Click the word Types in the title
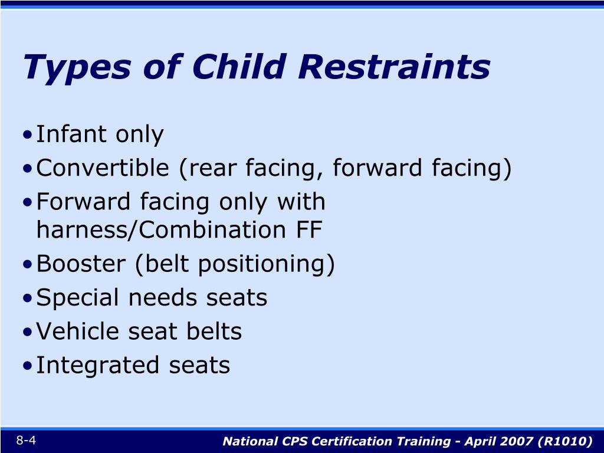(x=77, y=67)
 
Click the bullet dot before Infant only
(x=29, y=136)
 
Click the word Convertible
(x=103, y=168)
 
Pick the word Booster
(x=81, y=264)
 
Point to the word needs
(x=166, y=297)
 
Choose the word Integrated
(x=98, y=365)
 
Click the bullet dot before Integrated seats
(x=29, y=366)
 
